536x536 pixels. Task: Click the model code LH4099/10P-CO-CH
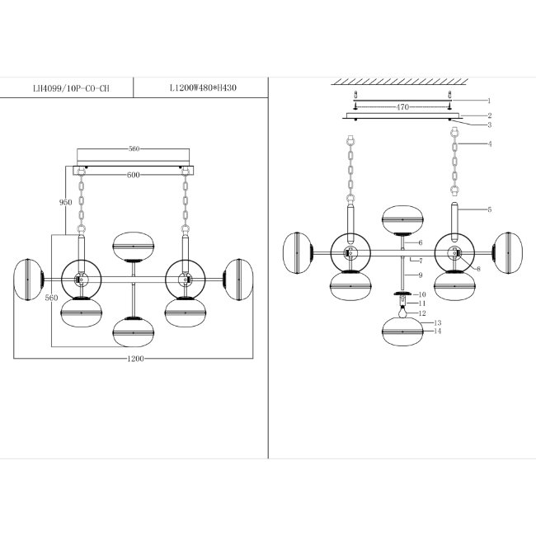71,88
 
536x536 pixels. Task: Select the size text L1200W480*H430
203,88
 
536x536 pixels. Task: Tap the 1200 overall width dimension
135,359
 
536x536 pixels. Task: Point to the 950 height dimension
65,202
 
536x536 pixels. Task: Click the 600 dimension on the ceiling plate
134,175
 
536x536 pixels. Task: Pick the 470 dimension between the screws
402,107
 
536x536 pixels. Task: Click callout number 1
489,101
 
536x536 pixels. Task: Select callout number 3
489,125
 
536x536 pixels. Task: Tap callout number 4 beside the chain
490,143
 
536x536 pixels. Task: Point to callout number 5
489,209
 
